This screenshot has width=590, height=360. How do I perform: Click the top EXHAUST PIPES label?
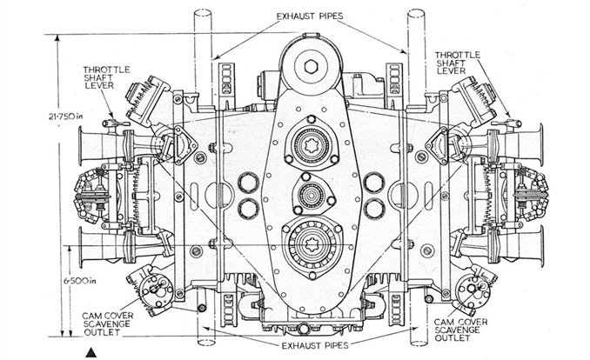click(x=310, y=17)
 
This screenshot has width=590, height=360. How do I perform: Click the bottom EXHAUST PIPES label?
click(x=315, y=345)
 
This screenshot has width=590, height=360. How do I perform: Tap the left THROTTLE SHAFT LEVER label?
click(x=106, y=77)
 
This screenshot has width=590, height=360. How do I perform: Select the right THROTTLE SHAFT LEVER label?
click(x=458, y=63)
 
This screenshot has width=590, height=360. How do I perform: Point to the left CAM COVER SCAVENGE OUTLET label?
click(x=107, y=323)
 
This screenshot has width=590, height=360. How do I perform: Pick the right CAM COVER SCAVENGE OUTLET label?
click(x=460, y=330)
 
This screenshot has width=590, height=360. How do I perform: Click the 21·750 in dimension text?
click(x=65, y=117)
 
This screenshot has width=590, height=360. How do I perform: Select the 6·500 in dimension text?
click(x=80, y=281)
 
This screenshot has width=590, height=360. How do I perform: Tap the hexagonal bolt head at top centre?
click(x=312, y=67)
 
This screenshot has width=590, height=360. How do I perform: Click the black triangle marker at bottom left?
click(x=91, y=353)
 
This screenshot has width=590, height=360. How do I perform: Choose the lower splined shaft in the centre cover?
click(x=312, y=244)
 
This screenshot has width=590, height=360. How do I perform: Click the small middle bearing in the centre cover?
click(x=311, y=195)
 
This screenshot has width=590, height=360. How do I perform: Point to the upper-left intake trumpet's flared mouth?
click(x=81, y=146)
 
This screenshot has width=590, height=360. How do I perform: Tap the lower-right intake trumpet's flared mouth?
click(x=540, y=246)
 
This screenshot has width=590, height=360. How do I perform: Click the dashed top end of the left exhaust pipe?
click(x=203, y=13)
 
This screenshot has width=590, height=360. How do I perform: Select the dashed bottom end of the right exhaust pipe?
click(x=419, y=343)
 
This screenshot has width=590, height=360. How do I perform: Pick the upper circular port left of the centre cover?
click(x=248, y=183)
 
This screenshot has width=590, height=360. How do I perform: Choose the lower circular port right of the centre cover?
click(x=374, y=209)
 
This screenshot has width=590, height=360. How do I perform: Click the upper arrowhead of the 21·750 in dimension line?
click(x=57, y=38)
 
